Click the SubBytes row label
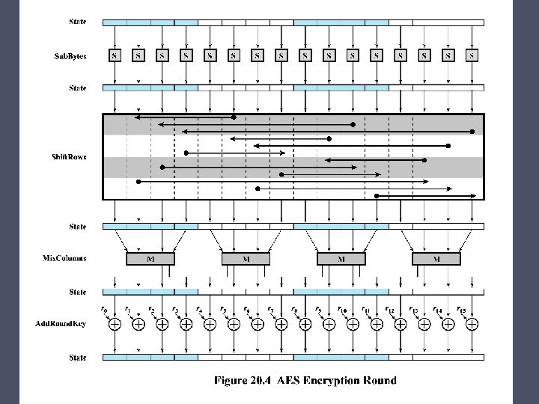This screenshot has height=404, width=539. (70, 55)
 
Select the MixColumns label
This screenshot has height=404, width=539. (64, 259)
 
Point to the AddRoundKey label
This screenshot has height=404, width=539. (61, 324)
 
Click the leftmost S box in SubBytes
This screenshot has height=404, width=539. (115, 55)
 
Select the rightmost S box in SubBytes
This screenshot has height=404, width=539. (472, 55)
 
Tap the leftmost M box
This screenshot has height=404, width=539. (150, 259)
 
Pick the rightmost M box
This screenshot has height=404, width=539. (436, 259)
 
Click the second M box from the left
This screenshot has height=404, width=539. (246, 259)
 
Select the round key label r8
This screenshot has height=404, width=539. (294, 310)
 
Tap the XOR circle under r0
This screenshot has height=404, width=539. (115, 325)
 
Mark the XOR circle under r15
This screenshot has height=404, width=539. (472, 325)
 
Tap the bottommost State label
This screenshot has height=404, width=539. (77, 358)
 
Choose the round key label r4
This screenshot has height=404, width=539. (198, 310)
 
